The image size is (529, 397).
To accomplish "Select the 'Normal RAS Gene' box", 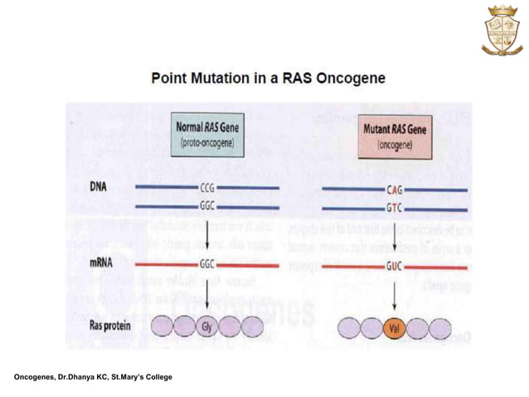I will [x=207, y=134].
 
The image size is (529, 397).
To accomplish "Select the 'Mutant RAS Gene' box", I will [x=395, y=135].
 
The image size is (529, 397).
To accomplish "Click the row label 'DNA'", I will [x=98, y=188].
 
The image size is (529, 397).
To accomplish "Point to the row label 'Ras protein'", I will [x=109, y=326].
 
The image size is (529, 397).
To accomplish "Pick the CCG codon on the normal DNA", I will [x=207, y=189].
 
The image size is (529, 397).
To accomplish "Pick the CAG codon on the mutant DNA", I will [x=394, y=189].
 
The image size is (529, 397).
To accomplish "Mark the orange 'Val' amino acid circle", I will [x=395, y=328].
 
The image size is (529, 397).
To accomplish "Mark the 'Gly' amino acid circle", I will [x=207, y=327].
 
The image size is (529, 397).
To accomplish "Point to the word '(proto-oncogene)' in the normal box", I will [x=207, y=142].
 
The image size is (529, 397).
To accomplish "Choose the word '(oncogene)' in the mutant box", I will [x=395, y=143].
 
